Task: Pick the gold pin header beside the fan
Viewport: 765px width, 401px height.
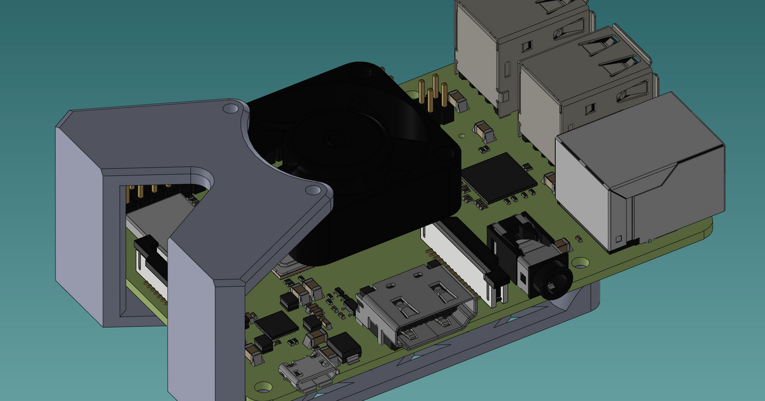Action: (435, 99)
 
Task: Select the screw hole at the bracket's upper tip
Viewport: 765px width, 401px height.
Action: (228, 109)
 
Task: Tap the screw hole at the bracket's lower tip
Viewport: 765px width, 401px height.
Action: (312, 190)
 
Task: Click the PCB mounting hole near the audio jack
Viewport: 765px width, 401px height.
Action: (581, 262)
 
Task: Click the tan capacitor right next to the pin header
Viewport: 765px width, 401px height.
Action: (458, 101)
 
